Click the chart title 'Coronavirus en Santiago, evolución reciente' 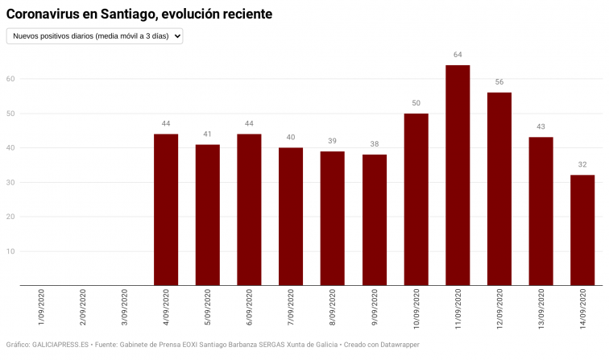click(x=139, y=14)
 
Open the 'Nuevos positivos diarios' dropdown click(x=95, y=35)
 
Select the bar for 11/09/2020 click(x=458, y=175)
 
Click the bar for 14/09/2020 click(x=582, y=230)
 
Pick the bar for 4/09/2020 click(x=166, y=209)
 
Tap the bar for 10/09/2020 click(x=416, y=199)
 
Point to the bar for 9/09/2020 click(x=374, y=219)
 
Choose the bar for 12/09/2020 click(x=499, y=188)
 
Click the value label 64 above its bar click(x=458, y=55)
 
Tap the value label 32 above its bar click(x=582, y=164)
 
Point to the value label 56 click(x=499, y=82)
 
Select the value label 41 click(x=207, y=134)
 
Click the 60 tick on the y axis click(x=11, y=79)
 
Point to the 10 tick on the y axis click(x=11, y=251)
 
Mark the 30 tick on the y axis click(x=11, y=182)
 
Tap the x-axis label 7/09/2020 click(x=291, y=310)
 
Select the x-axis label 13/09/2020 click(x=541, y=312)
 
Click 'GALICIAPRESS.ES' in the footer click(x=63, y=344)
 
